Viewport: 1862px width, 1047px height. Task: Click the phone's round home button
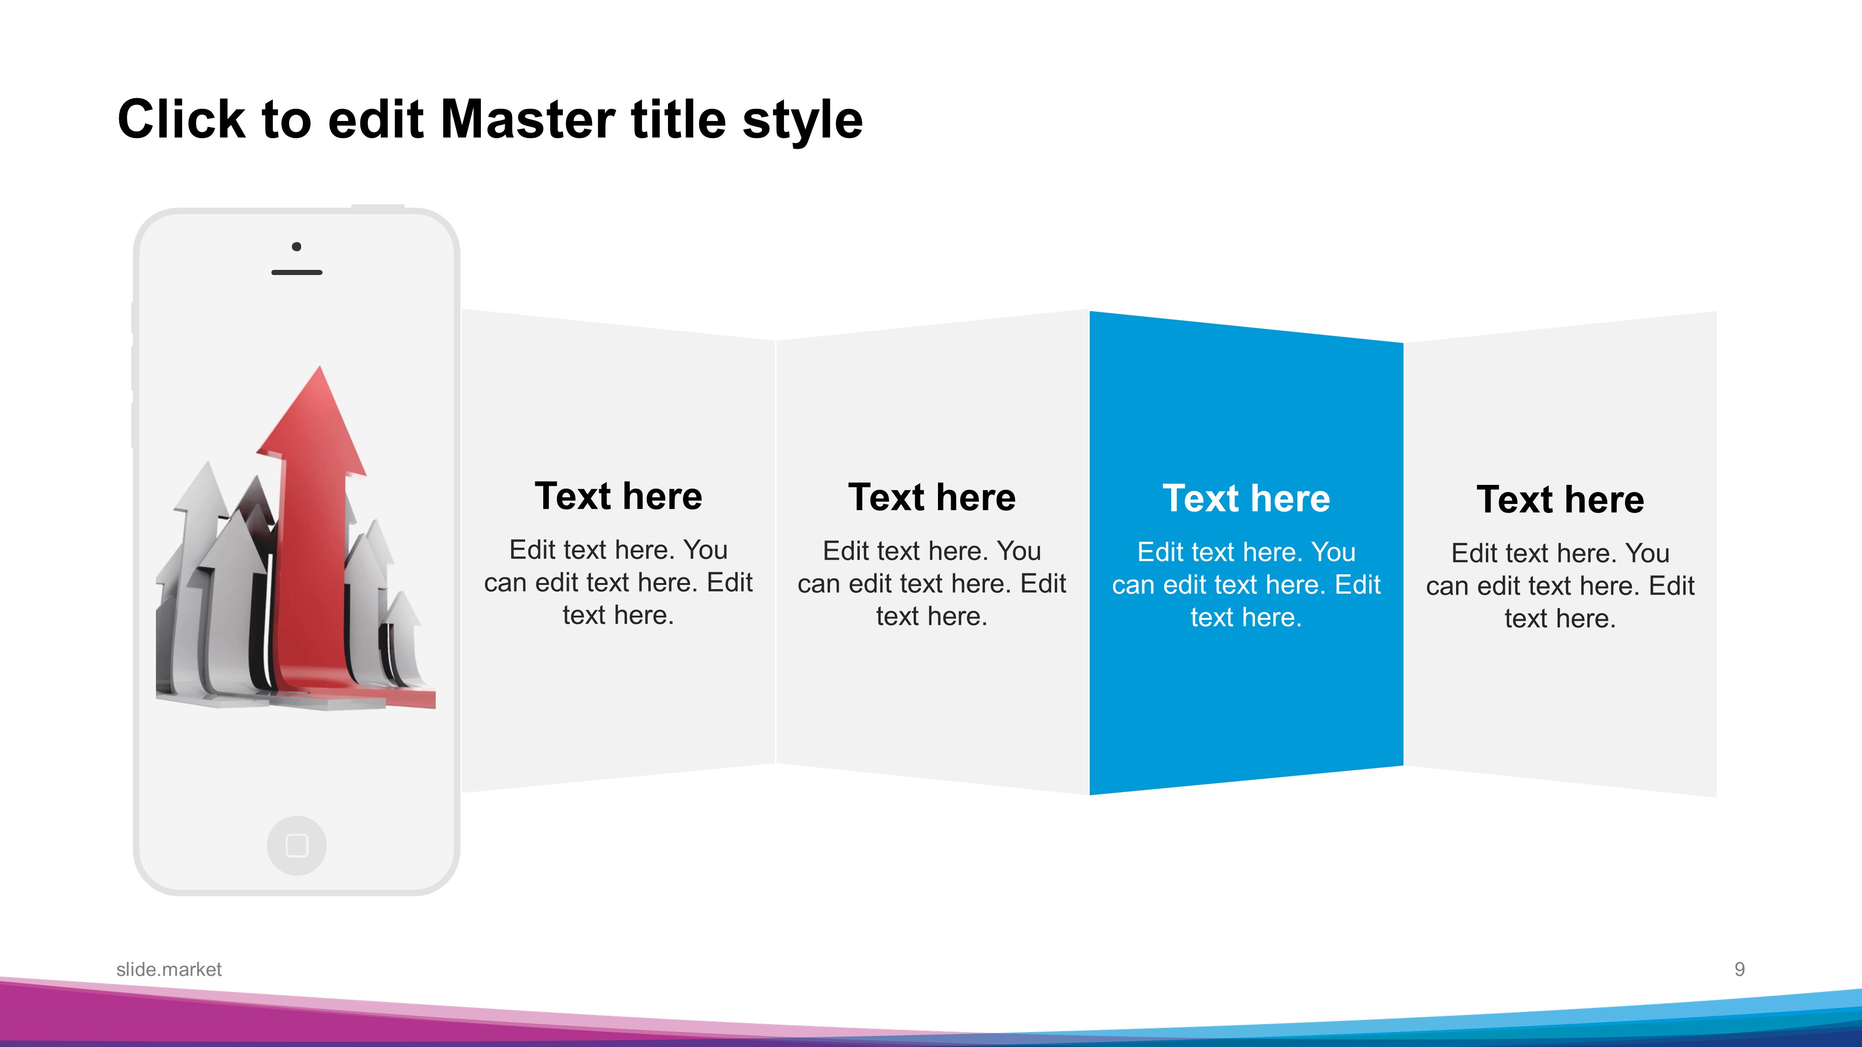tap(297, 846)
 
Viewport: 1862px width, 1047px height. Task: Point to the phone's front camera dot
tap(297, 247)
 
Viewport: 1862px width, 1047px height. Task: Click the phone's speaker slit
tap(297, 272)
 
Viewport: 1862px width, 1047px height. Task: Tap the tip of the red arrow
tap(319, 366)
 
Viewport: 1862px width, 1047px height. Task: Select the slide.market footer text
tap(169, 969)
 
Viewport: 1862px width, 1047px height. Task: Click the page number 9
tap(1740, 969)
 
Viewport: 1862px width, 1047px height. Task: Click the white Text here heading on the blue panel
tap(1246, 498)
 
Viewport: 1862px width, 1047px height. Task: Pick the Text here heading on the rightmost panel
tap(1560, 500)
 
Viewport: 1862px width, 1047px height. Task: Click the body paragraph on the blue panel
tap(1246, 584)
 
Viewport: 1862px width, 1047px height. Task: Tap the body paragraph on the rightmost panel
tap(1560, 586)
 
